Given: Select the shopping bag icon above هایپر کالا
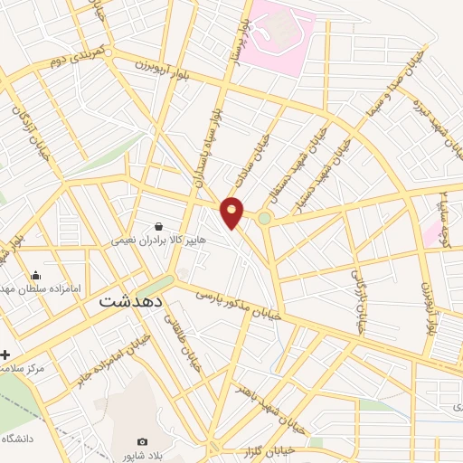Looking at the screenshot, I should [159, 227].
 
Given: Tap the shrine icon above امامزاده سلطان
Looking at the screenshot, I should [35, 276].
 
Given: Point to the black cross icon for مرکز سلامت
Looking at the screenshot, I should [6, 354].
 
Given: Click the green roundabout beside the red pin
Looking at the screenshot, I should [264, 218].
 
